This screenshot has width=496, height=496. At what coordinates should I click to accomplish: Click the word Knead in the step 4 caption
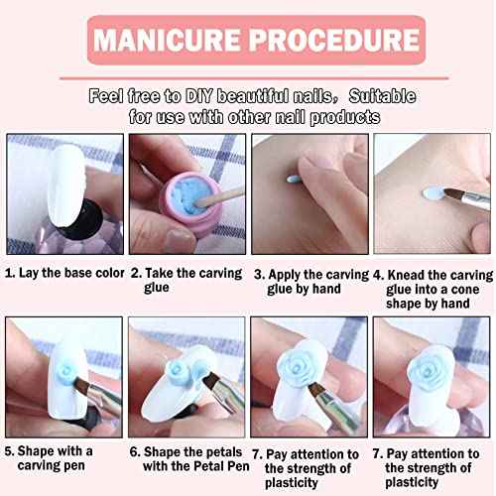pyautogui.click(x=405, y=270)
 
